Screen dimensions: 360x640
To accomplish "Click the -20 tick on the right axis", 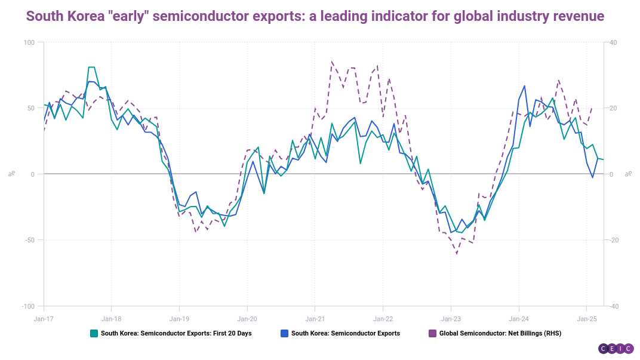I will (613, 240).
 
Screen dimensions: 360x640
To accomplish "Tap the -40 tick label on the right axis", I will (613, 306).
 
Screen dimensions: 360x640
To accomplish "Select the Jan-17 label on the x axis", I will (44, 319).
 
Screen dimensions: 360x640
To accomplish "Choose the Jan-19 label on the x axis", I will (179, 319).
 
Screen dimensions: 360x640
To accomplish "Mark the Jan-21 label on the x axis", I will (315, 319).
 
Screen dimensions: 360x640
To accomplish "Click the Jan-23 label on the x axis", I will (451, 319).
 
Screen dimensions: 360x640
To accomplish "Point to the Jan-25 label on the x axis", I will (586, 319).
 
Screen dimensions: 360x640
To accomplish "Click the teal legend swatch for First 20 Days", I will (94, 333).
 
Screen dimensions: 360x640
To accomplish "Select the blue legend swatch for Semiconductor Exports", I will (284, 333).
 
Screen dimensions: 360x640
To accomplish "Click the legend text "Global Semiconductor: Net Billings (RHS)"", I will (500, 333).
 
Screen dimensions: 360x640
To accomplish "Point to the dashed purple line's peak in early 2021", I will (332, 61).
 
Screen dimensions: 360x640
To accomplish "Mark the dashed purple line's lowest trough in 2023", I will (457, 254).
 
